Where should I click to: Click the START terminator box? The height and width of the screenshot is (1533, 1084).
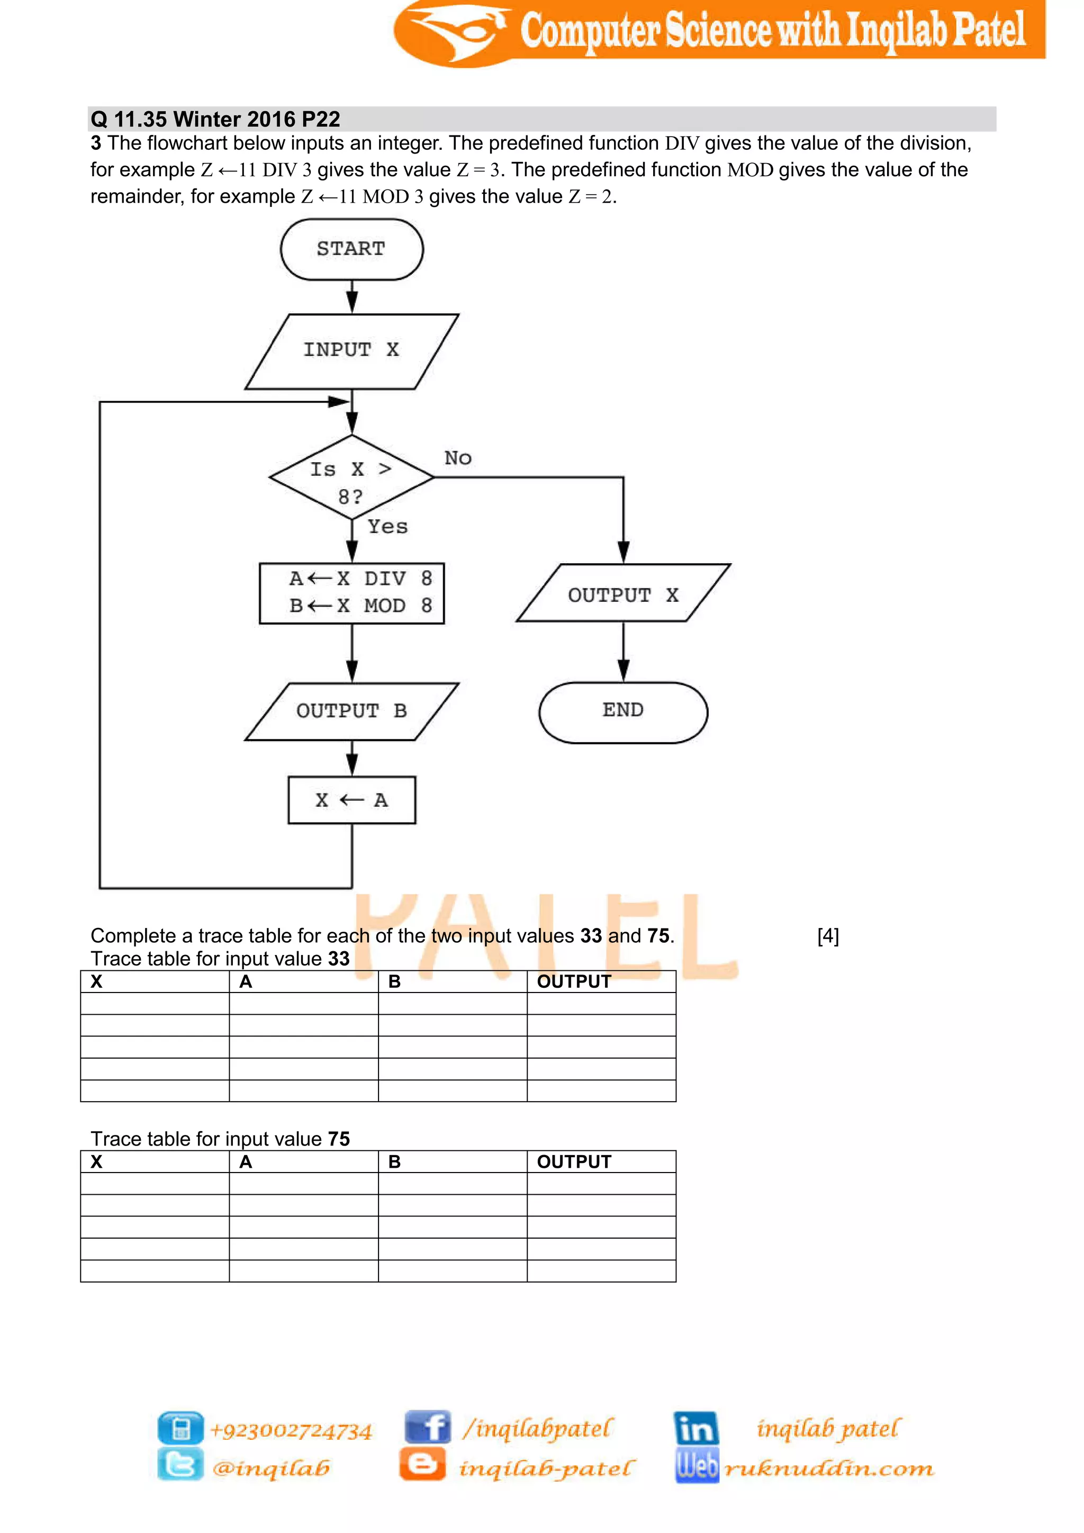[352, 249]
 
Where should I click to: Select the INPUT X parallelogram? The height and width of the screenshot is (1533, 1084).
[352, 350]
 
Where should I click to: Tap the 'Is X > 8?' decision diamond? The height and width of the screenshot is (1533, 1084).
[352, 478]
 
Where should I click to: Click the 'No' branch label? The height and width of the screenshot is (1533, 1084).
[458, 458]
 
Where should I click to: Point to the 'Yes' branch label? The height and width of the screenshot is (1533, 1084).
[388, 527]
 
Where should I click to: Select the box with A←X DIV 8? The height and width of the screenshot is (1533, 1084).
[352, 593]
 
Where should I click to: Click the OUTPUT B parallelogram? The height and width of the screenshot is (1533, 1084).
[352, 711]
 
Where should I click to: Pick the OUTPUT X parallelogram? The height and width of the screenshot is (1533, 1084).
[624, 593]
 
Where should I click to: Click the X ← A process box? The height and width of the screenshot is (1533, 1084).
[352, 800]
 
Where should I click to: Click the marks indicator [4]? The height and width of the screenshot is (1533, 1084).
[828, 936]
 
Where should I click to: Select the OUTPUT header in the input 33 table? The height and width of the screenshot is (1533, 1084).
[574, 981]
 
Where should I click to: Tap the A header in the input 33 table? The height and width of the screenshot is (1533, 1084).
[246, 981]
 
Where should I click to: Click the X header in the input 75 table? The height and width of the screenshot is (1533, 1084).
[97, 1162]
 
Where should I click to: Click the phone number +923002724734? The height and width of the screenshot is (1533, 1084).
[291, 1430]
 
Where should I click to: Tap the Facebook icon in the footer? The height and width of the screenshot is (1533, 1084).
[428, 1428]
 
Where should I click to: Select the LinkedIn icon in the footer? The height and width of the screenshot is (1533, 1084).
[696, 1428]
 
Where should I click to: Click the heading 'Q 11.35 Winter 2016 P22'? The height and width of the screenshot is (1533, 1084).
[215, 120]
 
